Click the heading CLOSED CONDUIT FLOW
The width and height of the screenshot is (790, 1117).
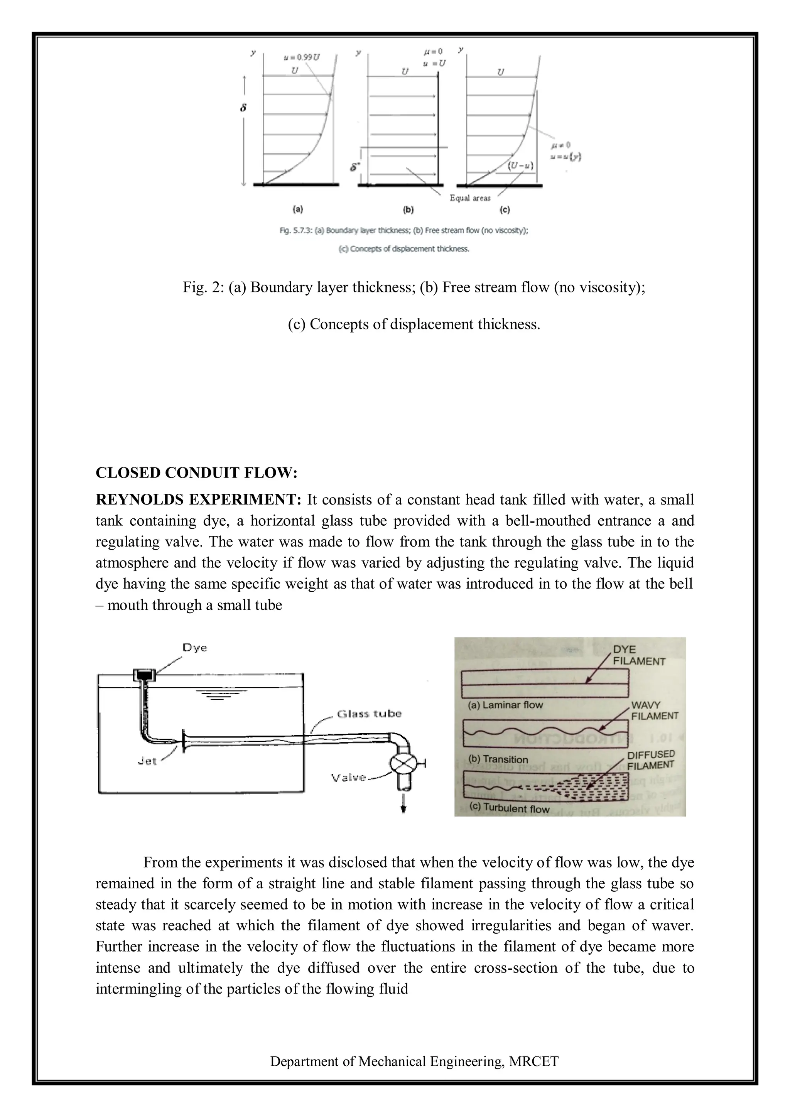[196, 473]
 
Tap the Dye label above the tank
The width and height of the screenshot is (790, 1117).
[194, 648]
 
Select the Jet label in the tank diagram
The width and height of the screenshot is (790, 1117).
[147, 761]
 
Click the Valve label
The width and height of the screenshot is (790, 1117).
[348, 778]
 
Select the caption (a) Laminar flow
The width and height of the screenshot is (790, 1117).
[505, 705]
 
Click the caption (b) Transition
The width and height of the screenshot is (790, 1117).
[498, 759]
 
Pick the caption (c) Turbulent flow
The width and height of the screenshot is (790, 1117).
[509, 808]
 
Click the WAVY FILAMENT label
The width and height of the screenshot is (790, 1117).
[654, 711]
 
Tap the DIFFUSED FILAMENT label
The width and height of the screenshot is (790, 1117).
[650, 760]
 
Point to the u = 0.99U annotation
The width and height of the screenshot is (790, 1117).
[301, 57]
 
